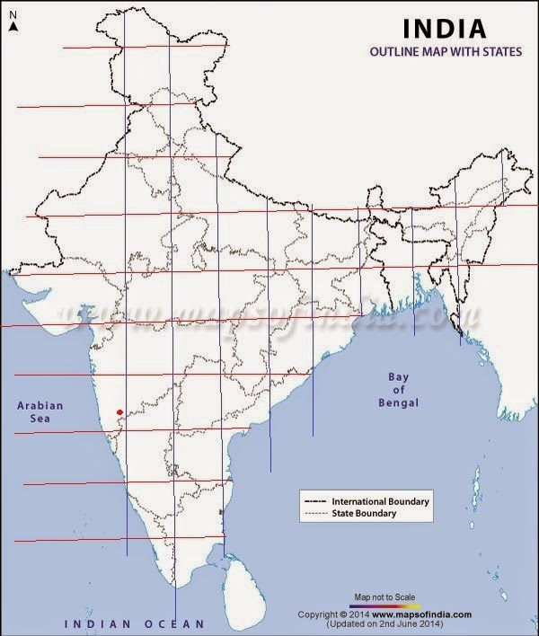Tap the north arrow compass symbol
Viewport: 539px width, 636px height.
coord(13,22)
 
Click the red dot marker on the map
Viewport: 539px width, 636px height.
coord(119,412)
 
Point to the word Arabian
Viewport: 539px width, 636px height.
coord(40,406)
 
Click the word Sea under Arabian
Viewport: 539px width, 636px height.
coord(40,420)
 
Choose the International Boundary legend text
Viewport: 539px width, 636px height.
coord(381,500)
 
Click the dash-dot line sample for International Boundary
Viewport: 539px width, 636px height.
coord(315,500)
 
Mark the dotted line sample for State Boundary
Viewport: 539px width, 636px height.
coord(315,514)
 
